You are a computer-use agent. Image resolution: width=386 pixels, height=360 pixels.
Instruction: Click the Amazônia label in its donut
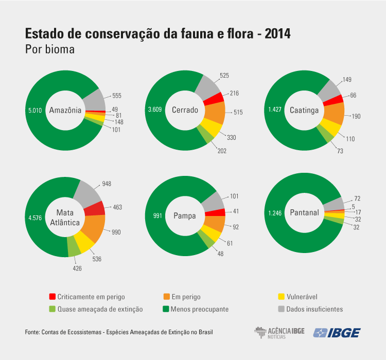[x=65, y=110]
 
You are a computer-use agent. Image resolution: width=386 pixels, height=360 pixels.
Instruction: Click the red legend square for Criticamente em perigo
[x=52, y=297]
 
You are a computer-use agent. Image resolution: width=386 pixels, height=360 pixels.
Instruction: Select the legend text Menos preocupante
[x=200, y=309]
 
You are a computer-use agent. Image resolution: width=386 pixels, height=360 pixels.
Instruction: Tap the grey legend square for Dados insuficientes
[x=280, y=309]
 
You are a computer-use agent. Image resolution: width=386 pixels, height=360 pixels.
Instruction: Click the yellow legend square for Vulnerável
[x=280, y=297]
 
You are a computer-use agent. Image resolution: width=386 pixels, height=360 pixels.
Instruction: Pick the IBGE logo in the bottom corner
[x=337, y=333]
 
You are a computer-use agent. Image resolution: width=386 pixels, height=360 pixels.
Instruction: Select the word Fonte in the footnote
[x=32, y=332]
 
